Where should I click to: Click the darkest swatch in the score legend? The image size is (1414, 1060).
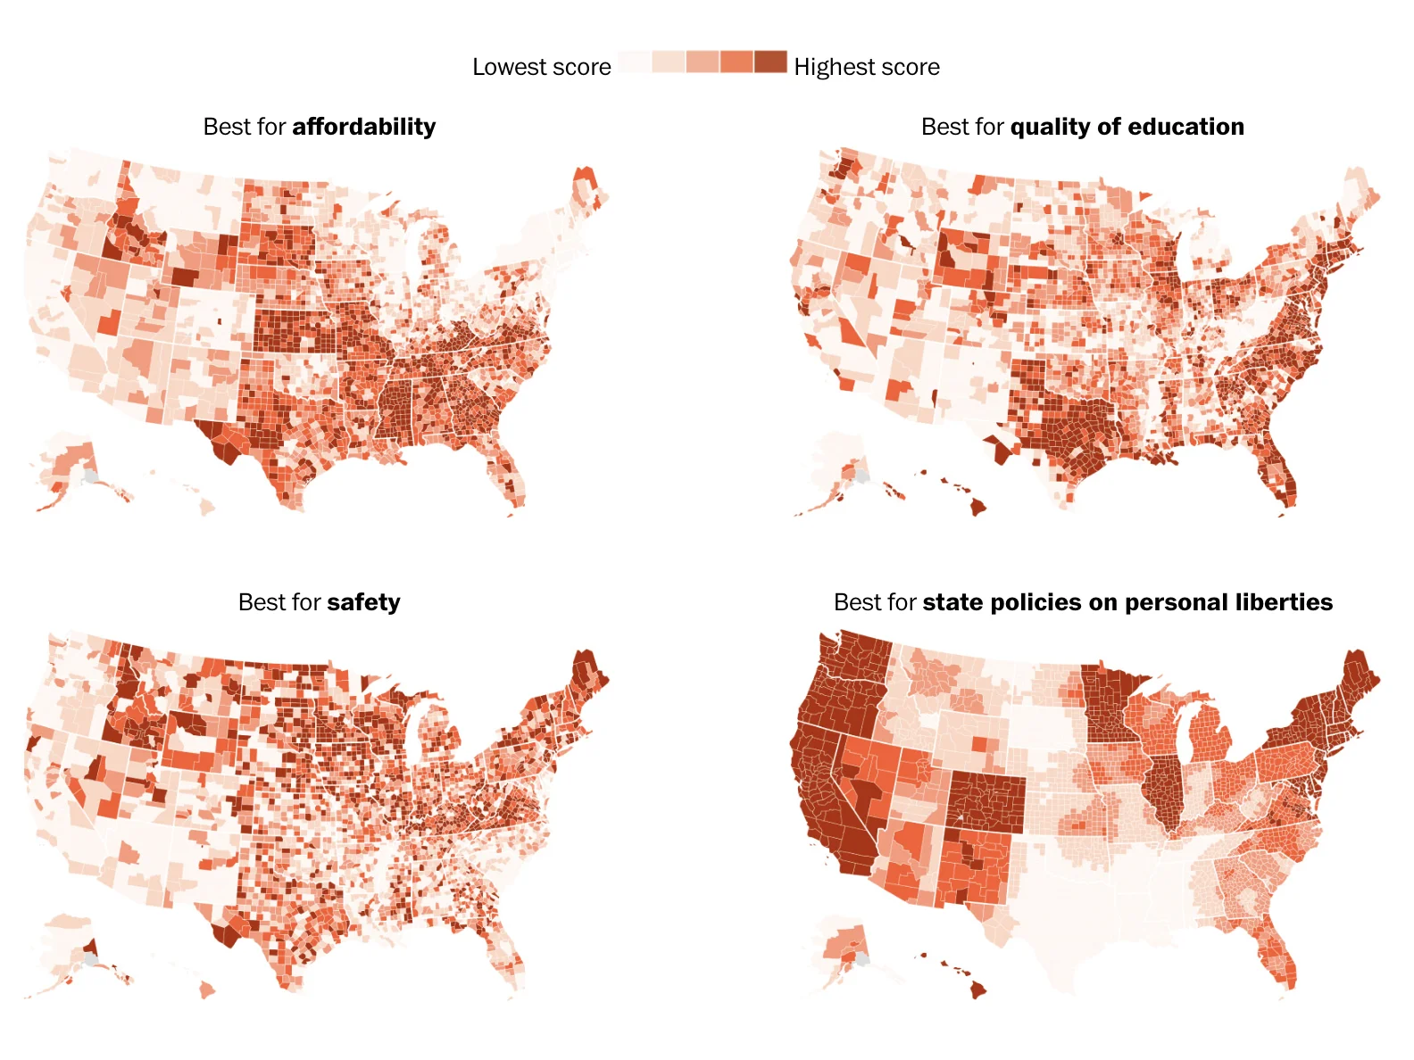[x=770, y=62]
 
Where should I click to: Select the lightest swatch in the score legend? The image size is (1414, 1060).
[x=634, y=62]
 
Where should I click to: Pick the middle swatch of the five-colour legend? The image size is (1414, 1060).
[x=703, y=62]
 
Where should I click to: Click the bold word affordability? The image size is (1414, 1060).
[x=363, y=127]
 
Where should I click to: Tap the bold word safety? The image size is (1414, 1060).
[x=363, y=602]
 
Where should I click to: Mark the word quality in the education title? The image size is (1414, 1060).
[x=1050, y=127]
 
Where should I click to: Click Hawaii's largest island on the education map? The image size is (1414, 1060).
[x=979, y=507]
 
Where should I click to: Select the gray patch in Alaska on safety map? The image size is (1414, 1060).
[x=90, y=959]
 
